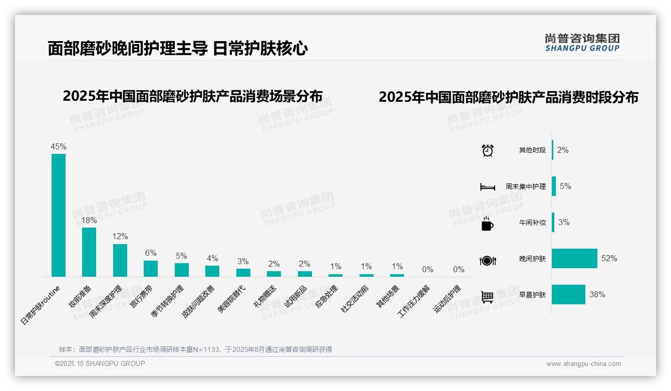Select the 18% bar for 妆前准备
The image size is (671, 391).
(89, 252)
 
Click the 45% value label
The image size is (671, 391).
(59, 147)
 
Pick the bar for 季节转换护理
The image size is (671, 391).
(182, 270)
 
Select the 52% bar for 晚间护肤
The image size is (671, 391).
(575, 258)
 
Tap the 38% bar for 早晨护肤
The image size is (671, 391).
(569, 294)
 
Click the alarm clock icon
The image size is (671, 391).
(488, 150)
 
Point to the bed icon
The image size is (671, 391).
(488, 187)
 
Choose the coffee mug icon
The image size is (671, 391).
(487, 224)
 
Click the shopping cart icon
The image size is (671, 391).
(487, 297)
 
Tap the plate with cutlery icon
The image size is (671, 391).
(488, 260)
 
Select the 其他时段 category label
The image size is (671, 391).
(532, 150)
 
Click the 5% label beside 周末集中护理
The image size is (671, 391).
(565, 186)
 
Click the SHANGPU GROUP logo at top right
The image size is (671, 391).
(582, 43)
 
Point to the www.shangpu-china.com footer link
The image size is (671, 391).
(583, 364)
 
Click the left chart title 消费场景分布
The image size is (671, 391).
(193, 96)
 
